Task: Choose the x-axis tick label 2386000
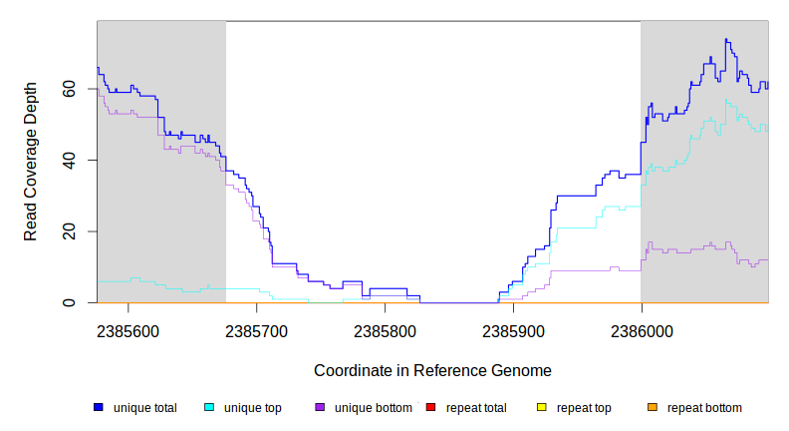pos(641,329)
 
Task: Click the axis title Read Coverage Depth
pos(31,162)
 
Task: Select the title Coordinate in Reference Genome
pos(432,370)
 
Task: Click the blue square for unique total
pos(99,408)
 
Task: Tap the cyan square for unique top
pos(209,408)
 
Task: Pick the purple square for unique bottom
pos(320,408)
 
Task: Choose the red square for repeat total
pos(430,408)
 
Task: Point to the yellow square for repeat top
pos(542,408)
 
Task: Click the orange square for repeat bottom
pos(653,408)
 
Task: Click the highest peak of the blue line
pos(727,40)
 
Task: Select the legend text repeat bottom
pos(704,408)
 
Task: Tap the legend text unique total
pos(145,408)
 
